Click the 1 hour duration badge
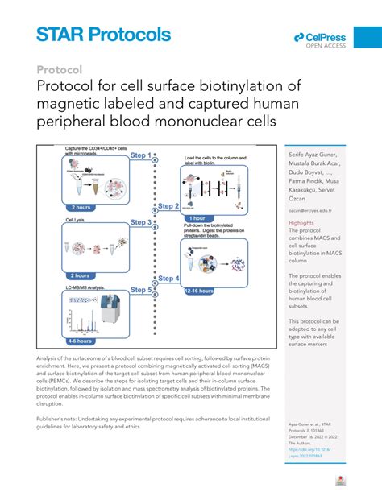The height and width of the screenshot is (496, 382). click(x=201, y=218)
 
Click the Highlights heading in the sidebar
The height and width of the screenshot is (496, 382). click(x=301, y=222)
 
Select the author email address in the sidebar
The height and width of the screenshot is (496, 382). click(x=310, y=210)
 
